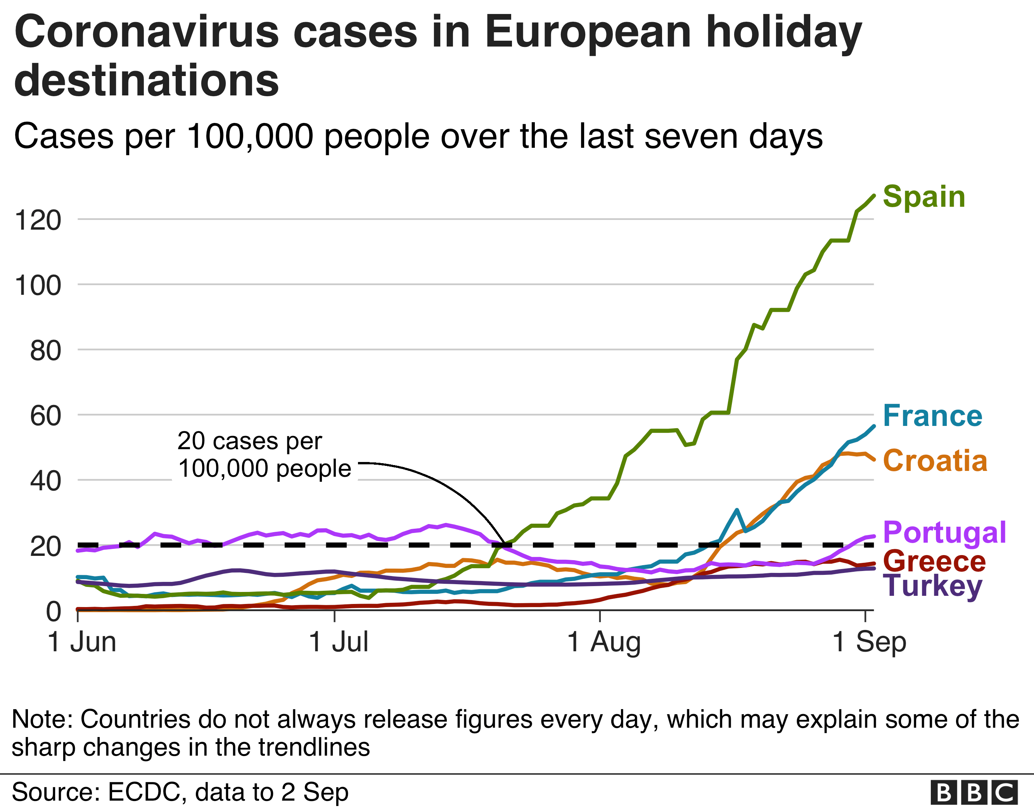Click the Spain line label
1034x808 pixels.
(x=924, y=197)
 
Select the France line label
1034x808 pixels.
(x=932, y=416)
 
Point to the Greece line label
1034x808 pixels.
(x=934, y=562)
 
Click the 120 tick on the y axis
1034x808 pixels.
(x=38, y=220)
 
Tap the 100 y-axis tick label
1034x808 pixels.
(x=38, y=285)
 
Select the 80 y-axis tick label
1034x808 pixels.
(x=45, y=351)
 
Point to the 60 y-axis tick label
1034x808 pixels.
(x=45, y=416)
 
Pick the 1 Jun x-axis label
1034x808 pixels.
(x=82, y=642)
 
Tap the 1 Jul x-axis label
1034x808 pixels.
(x=338, y=642)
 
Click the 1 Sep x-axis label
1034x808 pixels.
(x=869, y=642)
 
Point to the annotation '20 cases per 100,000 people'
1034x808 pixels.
(x=264, y=455)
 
